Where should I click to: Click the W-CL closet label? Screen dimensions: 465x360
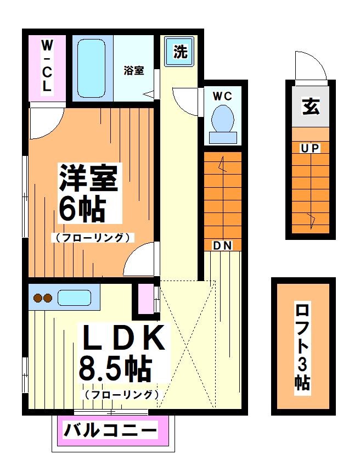click(47, 66)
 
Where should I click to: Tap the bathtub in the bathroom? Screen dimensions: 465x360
click(91, 68)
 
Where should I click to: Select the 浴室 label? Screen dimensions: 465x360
click(134, 70)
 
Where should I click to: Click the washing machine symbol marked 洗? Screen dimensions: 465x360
click(180, 52)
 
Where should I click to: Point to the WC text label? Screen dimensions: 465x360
click(222, 96)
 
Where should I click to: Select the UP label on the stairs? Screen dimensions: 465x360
click(310, 148)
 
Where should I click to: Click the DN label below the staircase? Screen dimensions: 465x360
click(222, 246)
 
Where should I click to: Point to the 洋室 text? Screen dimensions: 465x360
click(88, 179)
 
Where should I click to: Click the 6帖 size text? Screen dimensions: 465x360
click(82, 209)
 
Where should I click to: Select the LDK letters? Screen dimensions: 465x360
click(123, 339)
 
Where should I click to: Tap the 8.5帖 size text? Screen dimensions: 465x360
click(115, 368)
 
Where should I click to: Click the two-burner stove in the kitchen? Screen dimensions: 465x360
click(42, 298)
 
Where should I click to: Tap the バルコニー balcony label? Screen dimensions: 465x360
click(110, 430)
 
